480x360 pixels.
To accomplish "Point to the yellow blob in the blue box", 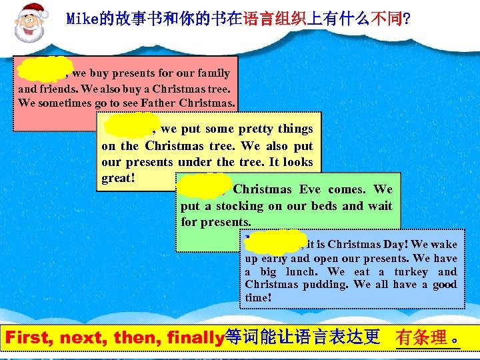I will [x=275, y=241].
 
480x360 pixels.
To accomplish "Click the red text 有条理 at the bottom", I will [x=421, y=337].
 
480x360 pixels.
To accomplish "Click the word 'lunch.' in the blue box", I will [x=295, y=272].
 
